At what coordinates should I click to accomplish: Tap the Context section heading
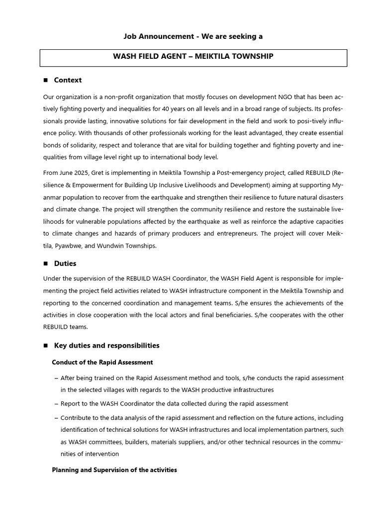point(68,80)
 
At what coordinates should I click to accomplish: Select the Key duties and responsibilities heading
point(106,345)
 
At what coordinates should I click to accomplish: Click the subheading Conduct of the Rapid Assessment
point(102,362)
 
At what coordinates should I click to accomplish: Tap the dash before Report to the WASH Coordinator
point(56,404)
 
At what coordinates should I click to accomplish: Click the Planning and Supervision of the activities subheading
point(114,470)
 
